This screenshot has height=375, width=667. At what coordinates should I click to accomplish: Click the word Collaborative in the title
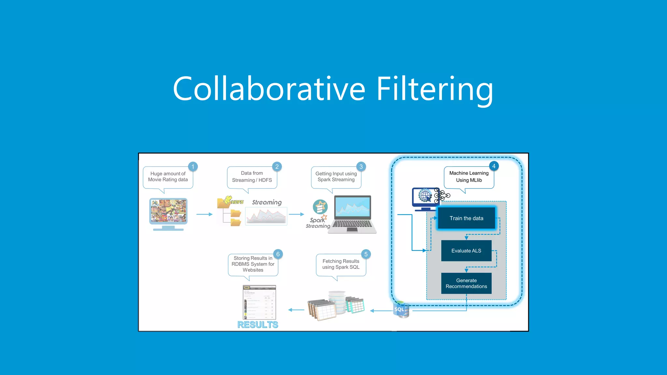click(269, 89)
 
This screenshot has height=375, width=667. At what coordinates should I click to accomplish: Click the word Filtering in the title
click(434, 89)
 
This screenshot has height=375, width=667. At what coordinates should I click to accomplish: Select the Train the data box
click(466, 218)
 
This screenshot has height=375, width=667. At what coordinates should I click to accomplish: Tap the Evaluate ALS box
click(466, 251)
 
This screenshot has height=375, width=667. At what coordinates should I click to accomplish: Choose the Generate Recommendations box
click(466, 283)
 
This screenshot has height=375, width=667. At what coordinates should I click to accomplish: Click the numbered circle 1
click(193, 167)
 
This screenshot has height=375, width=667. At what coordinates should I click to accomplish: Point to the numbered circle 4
click(494, 166)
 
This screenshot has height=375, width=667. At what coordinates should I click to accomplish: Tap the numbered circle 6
click(278, 254)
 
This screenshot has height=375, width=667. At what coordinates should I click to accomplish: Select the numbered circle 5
click(366, 254)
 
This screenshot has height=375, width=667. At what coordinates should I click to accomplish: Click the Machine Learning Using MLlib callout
click(469, 177)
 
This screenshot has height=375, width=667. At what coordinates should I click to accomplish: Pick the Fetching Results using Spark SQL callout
click(341, 264)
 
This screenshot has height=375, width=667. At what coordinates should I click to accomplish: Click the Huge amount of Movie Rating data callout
click(168, 177)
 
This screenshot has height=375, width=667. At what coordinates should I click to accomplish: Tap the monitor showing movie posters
click(168, 212)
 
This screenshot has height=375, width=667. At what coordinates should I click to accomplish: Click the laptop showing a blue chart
click(352, 213)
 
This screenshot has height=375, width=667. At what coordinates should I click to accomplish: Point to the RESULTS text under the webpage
click(258, 325)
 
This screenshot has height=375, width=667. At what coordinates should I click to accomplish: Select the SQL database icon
click(401, 310)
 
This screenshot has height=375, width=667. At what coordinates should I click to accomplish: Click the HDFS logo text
click(237, 202)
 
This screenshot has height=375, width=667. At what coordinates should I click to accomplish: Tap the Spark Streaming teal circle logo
click(320, 206)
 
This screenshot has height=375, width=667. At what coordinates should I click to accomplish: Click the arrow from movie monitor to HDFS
click(204, 214)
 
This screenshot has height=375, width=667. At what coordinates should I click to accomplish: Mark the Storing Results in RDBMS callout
click(253, 264)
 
